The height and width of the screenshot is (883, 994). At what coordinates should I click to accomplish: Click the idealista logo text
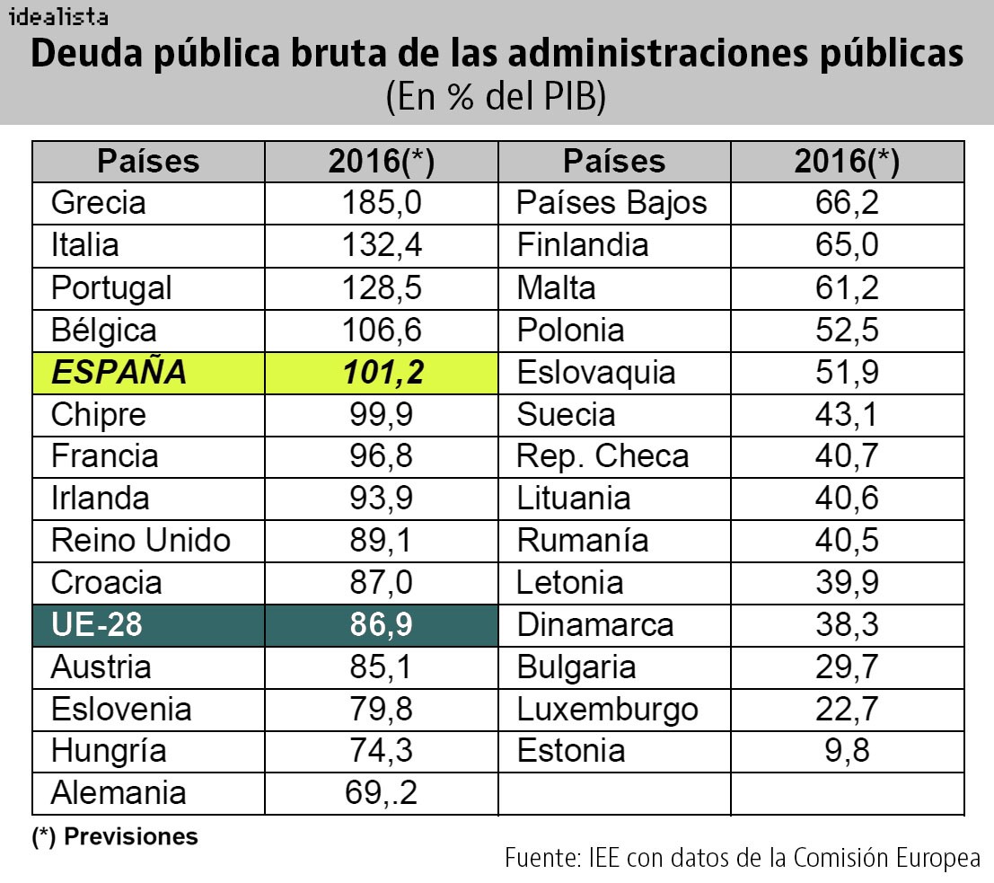click(x=59, y=16)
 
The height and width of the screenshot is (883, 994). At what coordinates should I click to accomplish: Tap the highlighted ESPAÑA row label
click(x=119, y=372)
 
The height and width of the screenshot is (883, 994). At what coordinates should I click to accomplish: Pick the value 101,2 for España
click(x=382, y=372)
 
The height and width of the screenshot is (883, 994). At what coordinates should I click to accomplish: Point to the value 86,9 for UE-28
click(x=382, y=625)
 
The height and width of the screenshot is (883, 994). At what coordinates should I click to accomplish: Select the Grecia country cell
click(x=98, y=203)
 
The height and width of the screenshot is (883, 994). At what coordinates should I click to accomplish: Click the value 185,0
click(x=382, y=203)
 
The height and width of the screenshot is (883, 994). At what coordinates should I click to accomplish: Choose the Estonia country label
click(x=571, y=751)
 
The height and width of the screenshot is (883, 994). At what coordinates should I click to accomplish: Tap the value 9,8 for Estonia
click(x=847, y=751)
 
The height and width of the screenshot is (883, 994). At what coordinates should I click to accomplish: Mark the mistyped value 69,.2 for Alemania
click(x=382, y=793)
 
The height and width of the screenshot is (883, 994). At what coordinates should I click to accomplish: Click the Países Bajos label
click(x=611, y=203)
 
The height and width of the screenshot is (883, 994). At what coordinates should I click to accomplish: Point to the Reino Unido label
click(x=141, y=541)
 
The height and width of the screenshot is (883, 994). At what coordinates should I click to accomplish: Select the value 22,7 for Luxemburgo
click(x=847, y=710)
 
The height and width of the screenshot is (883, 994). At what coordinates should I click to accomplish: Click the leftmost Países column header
click(x=148, y=161)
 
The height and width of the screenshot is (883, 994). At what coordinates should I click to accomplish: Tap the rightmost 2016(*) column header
click(x=847, y=161)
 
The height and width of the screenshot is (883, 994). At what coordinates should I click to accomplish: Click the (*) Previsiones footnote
click(x=115, y=837)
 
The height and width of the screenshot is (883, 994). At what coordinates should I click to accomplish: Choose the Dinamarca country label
click(x=595, y=625)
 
